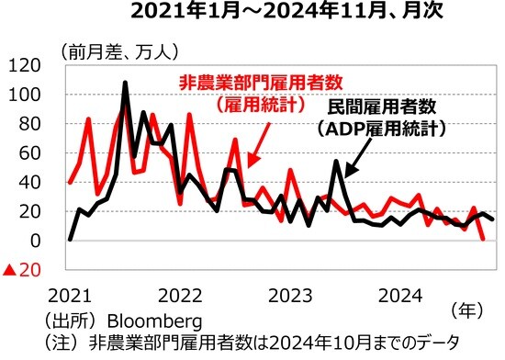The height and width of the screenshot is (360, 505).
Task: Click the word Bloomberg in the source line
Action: pos(153,322)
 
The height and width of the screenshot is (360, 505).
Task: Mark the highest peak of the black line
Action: pos(125,84)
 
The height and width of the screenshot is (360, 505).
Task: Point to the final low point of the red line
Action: pos(482,239)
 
